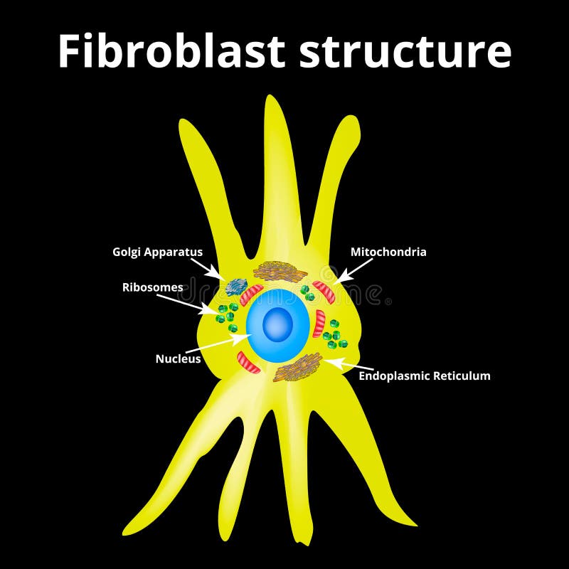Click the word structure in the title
click(x=405, y=52)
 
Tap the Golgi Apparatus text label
click(x=157, y=252)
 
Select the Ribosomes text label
click(x=152, y=287)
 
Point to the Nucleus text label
click(x=178, y=359)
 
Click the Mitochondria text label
click(x=388, y=252)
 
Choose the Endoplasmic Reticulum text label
click(x=424, y=376)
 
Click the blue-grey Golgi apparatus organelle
click(x=236, y=287)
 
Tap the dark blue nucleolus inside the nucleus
click(x=278, y=325)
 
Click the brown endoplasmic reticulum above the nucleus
click(x=280, y=270)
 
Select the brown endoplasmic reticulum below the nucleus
click(x=297, y=368)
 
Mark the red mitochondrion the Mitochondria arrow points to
click(x=324, y=291)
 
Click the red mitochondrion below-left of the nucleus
click(x=249, y=361)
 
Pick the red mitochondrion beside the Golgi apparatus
click(x=251, y=294)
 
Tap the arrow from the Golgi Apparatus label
click(x=213, y=269)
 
